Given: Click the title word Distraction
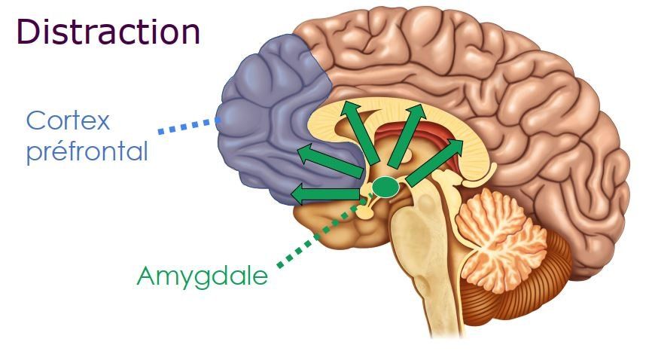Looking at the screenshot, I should pos(108,32).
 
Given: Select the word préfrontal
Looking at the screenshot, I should pos(87,151).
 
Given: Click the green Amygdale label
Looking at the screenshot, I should pos(202,276).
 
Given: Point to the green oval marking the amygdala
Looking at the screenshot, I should pos(385,185).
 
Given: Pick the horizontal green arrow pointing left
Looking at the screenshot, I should pos(324,194).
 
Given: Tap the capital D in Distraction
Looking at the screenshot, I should pos(29,32).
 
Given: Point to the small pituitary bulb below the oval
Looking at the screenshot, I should pos(366,212).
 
